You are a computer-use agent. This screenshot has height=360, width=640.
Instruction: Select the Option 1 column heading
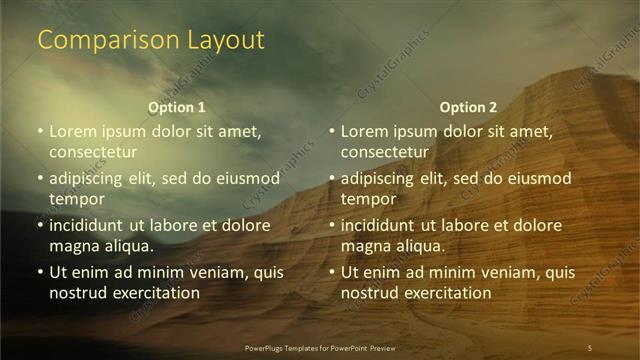pos(177,107)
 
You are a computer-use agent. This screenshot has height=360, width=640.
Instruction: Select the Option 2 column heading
pos(468,107)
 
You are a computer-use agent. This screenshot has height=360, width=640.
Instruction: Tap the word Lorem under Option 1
pos(73,131)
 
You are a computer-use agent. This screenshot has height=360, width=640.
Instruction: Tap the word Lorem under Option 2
pos(364,131)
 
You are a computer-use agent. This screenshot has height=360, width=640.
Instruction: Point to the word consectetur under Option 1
pos(92,152)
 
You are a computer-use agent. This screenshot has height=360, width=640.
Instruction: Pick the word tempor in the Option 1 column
pos(76,199)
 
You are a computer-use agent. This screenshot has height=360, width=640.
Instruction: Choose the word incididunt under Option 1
pos(91,225)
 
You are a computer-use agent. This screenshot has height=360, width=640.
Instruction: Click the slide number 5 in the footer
pos(590,347)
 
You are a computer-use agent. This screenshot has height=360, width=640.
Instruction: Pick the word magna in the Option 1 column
pos(72,246)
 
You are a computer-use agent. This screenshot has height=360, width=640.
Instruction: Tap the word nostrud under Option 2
pos(369,293)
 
